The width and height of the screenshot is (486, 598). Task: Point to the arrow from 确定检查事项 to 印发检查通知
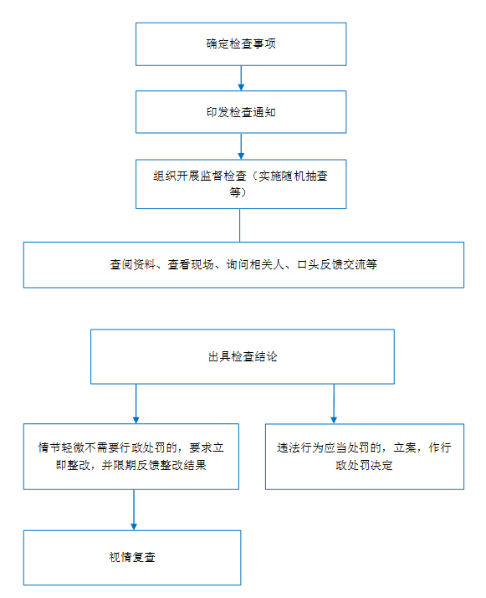[x=241, y=78]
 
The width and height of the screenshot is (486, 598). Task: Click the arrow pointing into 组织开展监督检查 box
[x=241, y=146]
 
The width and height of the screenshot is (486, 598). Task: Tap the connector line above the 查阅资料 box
[x=239, y=225]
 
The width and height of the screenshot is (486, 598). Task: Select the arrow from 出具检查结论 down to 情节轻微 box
[x=136, y=403]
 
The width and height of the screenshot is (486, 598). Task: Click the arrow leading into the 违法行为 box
[x=334, y=403]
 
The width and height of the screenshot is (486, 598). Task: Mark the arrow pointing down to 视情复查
[x=134, y=510]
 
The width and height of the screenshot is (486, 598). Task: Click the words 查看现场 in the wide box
[x=191, y=264]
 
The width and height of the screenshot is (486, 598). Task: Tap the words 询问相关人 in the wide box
[x=255, y=264]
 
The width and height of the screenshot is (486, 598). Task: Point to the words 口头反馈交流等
[x=337, y=264]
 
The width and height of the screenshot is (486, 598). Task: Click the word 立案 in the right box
[x=405, y=447]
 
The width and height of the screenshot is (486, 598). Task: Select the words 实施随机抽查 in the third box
[x=294, y=176]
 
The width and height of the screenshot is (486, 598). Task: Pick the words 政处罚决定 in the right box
[x=364, y=465]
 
